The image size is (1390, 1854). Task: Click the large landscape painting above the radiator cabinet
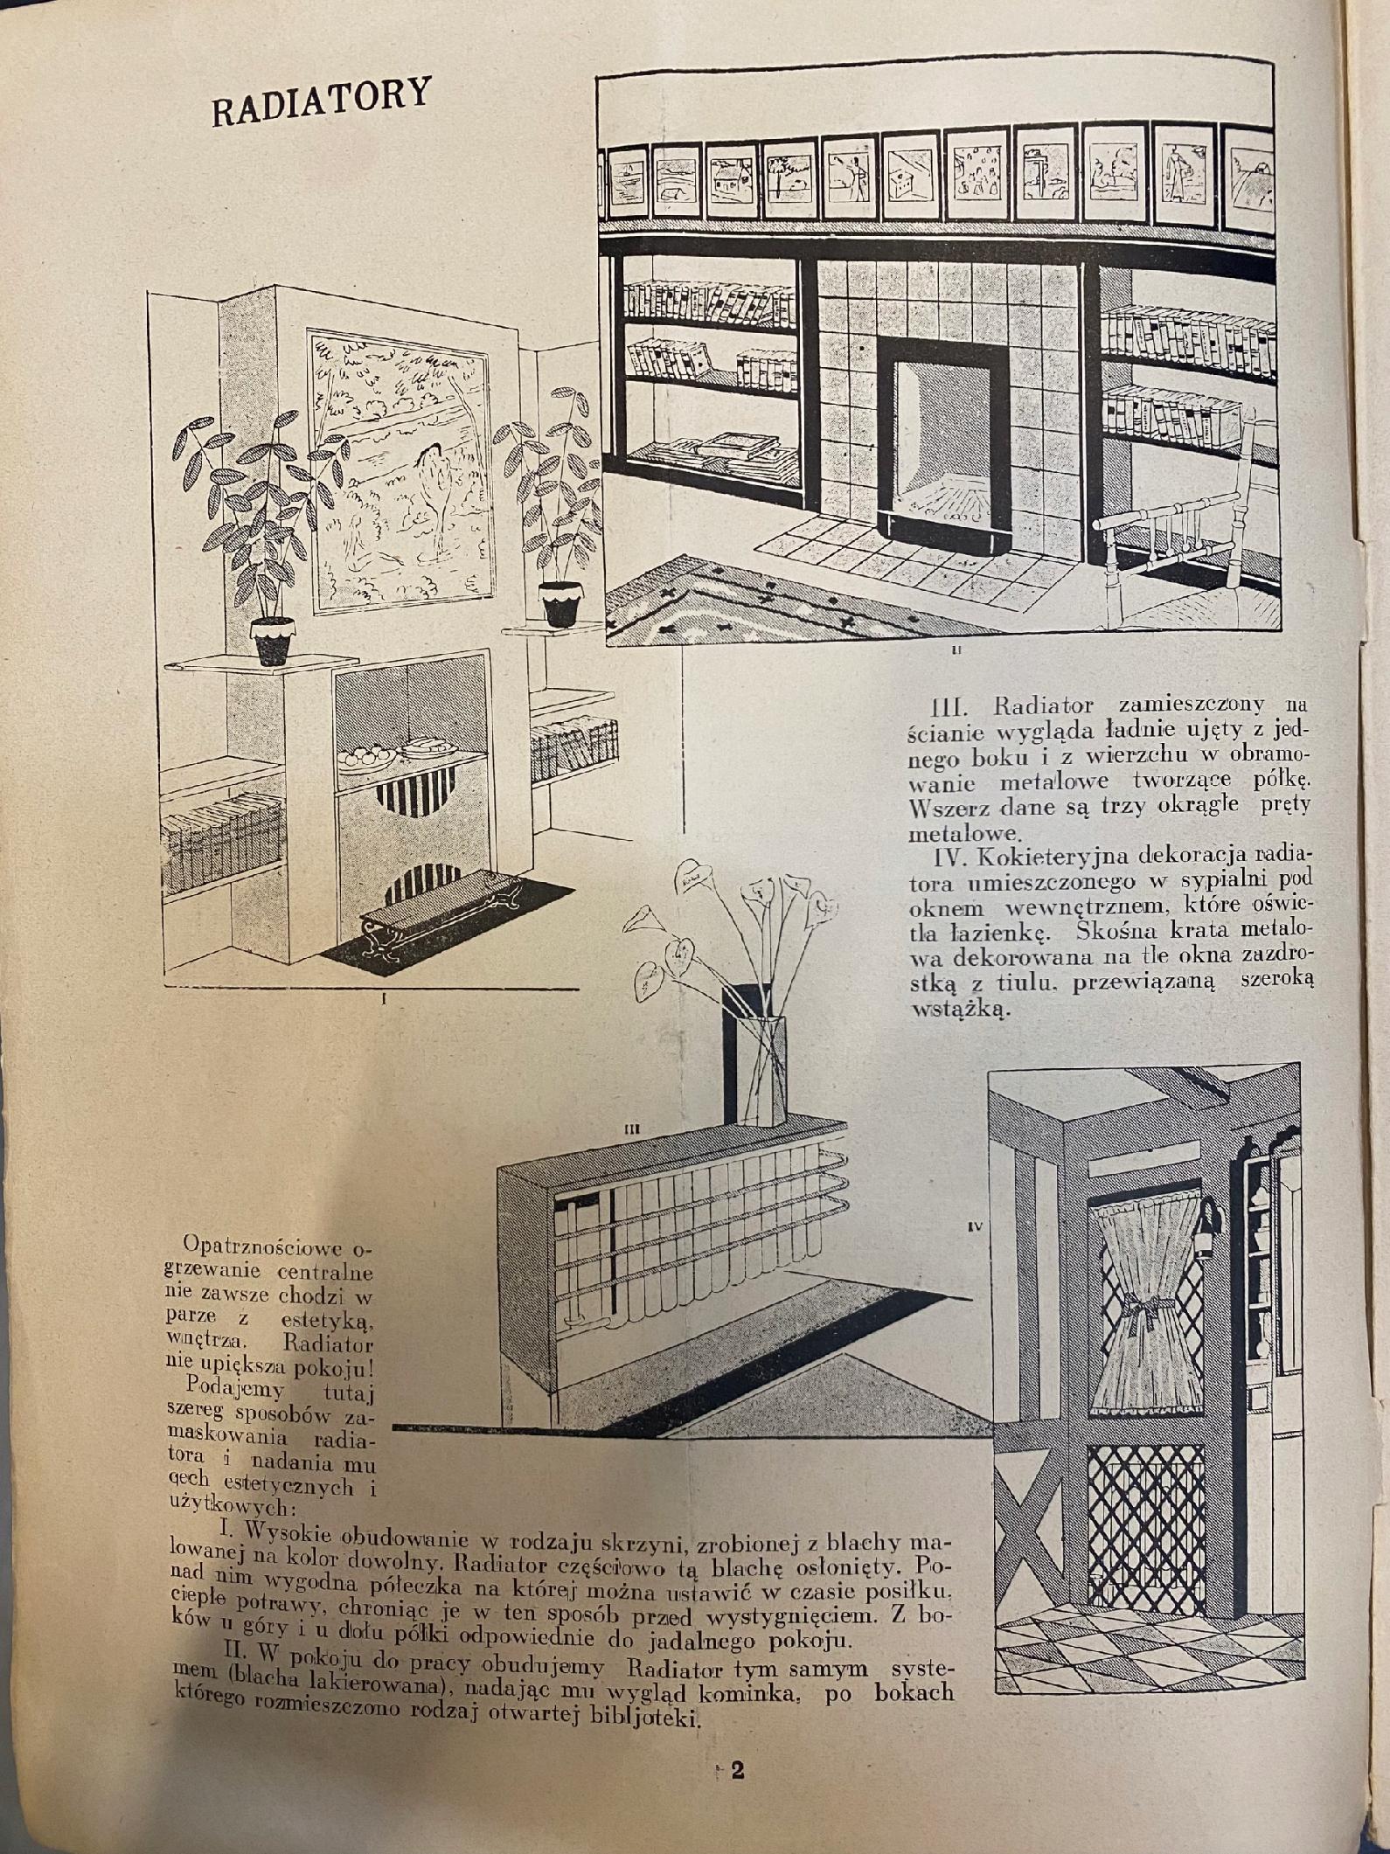(x=393, y=469)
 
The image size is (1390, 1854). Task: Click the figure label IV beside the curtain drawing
(x=977, y=1227)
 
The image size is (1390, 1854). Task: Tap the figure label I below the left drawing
(x=385, y=1003)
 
